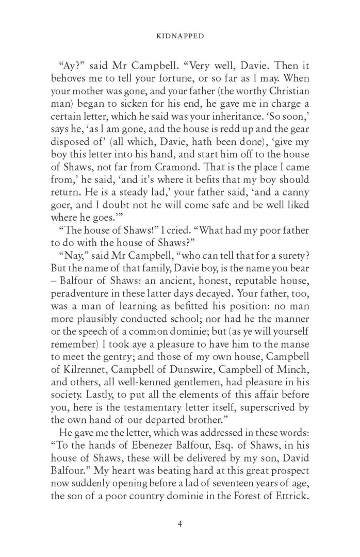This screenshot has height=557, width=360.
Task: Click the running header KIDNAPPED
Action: click(x=180, y=36)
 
